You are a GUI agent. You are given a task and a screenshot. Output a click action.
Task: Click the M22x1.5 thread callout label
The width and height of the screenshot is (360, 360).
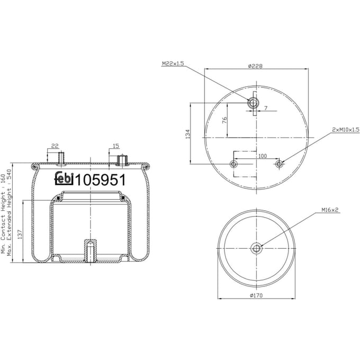[173, 64]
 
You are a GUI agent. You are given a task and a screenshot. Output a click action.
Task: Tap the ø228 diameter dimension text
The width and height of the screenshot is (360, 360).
[255, 66]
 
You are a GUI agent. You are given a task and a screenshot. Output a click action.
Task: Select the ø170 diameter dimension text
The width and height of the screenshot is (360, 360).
[256, 295]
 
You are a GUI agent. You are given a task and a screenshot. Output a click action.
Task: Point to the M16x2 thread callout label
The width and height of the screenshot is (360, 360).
[330, 210]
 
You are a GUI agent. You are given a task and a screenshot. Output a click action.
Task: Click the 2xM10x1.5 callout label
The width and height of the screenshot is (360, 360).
[346, 130]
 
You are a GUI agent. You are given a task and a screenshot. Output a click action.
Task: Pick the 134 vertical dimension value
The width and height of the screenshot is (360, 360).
[188, 134]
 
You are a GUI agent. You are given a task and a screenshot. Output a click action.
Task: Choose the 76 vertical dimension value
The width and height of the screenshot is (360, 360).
[224, 120]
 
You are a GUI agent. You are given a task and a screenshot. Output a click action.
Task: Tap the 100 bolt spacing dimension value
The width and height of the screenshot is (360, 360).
[263, 156]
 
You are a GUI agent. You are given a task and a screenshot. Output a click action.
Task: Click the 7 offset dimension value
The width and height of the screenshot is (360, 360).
[266, 107]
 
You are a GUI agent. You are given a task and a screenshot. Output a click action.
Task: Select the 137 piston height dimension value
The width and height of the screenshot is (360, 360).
[20, 235]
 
